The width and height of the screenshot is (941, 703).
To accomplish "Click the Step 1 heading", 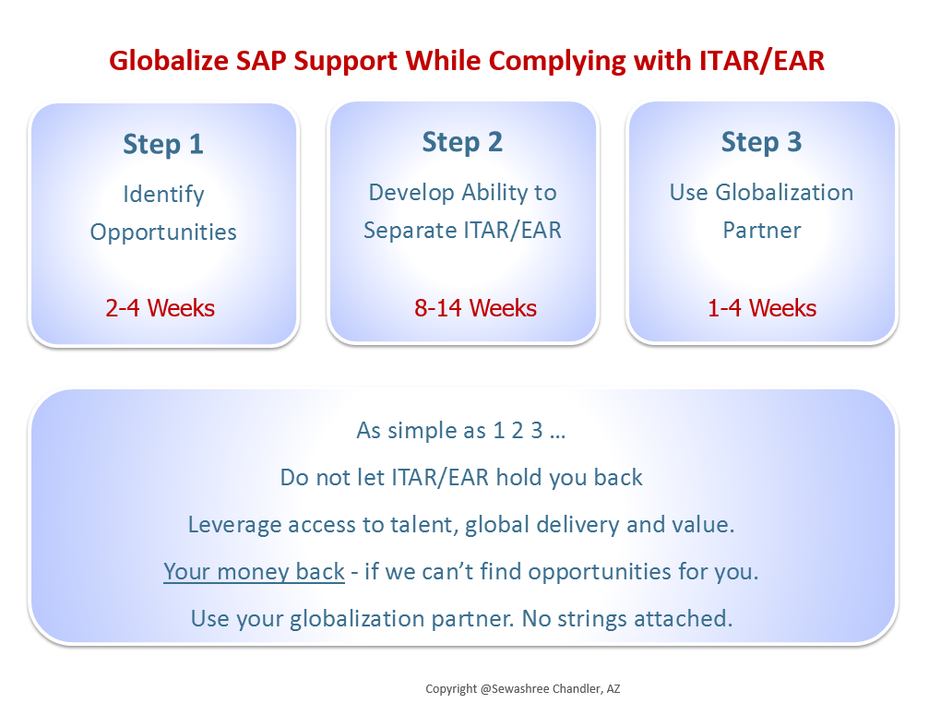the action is click(x=163, y=145).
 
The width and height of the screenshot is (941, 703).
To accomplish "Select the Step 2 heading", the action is click(x=462, y=143).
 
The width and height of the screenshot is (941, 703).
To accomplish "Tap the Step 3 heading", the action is click(x=761, y=143).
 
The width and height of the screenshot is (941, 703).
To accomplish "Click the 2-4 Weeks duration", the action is click(x=161, y=308).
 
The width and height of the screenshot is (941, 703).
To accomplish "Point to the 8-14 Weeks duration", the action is click(x=475, y=308).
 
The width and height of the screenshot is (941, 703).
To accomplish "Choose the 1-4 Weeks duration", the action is click(x=762, y=308).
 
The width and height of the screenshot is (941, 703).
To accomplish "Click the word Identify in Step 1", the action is click(x=163, y=195).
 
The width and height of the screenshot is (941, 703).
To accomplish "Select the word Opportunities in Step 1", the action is click(x=163, y=232).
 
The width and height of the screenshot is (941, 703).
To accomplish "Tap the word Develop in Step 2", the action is click(x=411, y=193).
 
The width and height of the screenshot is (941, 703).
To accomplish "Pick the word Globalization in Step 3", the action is click(x=784, y=193).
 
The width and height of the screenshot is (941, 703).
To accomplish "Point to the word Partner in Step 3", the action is click(x=761, y=231).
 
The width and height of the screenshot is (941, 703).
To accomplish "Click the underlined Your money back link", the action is click(x=254, y=571).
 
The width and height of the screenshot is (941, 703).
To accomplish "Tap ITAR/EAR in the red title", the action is click(x=761, y=61).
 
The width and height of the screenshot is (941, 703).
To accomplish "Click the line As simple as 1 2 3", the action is click(x=461, y=431).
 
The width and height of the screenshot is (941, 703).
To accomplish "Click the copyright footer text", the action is click(x=523, y=688).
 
